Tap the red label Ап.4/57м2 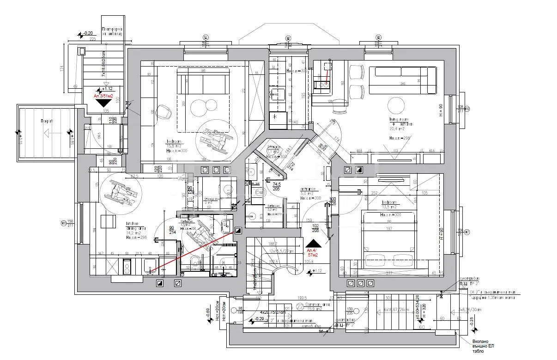tap(313, 252)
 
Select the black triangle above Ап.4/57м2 tap(313, 243)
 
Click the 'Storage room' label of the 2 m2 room tap(213, 199)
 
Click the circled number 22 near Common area tap(299, 306)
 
